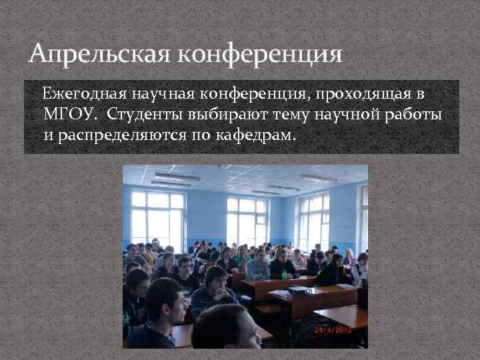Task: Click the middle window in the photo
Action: click(247, 221)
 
